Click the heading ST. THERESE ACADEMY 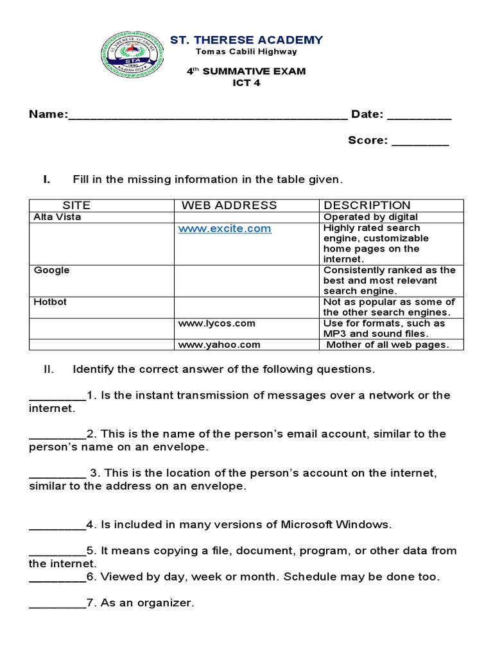pyautogui.click(x=246, y=40)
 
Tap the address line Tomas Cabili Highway pyautogui.click(x=246, y=52)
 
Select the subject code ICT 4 pyautogui.click(x=246, y=82)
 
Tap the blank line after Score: pyautogui.click(x=420, y=142)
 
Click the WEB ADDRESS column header pyautogui.click(x=229, y=205)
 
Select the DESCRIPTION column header pyautogui.click(x=367, y=205)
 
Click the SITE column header pyautogui.click(x=76, y=205)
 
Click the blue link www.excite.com pyautogui.click(x=225, y=228)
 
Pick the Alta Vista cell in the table pyautogui.click(x=58, y=217)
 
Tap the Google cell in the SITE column pyautogui.click(x=52, y=270)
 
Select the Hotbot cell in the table pyautogui.click(x=51, y=302)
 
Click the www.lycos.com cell pyautogui.click(x=217, y=323)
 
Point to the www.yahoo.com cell pyautogui.click(x=219, y=345)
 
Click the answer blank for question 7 pyautogui.click(x=57, y=604)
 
